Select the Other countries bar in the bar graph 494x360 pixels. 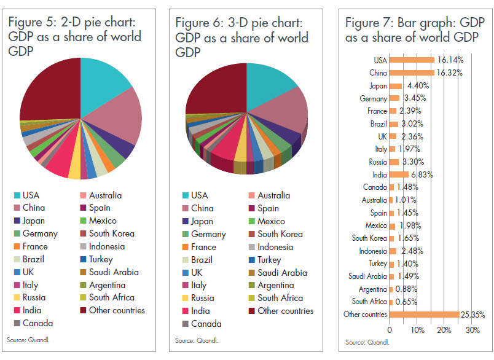click(x=424, y=315)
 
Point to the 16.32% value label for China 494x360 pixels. click(x=450, y=72)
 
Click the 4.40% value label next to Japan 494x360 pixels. click(x=418, y=86)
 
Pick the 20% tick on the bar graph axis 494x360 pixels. click(x=445, y=330)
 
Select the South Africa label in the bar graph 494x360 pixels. click(x=370, y=302)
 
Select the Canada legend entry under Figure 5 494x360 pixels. click(x=37, y=323)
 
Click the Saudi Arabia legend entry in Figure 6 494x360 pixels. click(x=284, y=273)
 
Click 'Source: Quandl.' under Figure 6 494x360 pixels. click(x=197, y=340)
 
